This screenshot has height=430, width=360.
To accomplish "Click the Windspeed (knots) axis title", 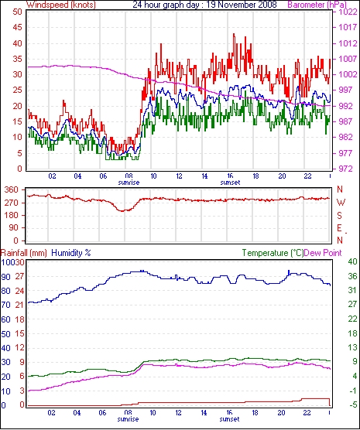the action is [61, 5].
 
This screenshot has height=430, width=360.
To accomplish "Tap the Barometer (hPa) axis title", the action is [317, 5].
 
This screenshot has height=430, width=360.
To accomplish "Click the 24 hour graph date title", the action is [205, 5].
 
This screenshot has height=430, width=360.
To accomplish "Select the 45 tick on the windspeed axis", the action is [17, 27].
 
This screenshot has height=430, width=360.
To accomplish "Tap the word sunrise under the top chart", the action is [129, 183].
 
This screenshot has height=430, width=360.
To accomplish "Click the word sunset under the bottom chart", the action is [230, 419].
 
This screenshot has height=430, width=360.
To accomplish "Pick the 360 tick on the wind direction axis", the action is [12, 189].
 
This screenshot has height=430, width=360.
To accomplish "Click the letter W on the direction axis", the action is [341, 203].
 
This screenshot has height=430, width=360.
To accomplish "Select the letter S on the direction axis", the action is [340, 216].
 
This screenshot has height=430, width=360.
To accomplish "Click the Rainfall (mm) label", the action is [24, 253].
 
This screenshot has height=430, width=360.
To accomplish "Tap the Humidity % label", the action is [71, 253].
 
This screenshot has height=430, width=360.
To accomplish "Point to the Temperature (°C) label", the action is [273, 253].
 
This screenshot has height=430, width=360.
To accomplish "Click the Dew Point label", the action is [323, 253].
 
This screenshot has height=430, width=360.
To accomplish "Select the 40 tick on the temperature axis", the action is [352, 262].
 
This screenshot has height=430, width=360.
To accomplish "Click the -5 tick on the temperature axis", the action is [352, 404].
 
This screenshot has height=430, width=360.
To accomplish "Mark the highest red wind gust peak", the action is [234, 34].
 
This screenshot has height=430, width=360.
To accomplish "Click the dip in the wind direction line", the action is [123, 210].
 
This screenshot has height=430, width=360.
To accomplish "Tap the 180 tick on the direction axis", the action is [12, 216].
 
